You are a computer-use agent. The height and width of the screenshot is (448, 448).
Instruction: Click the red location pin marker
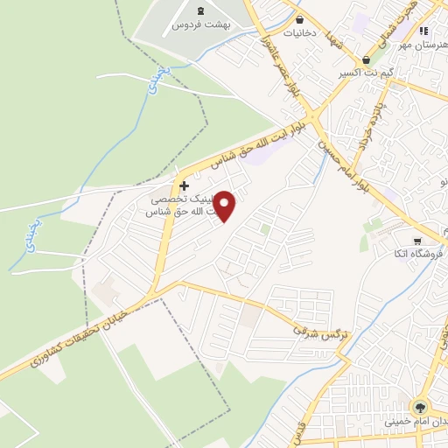225,206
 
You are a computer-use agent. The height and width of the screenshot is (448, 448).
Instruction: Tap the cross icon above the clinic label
184,185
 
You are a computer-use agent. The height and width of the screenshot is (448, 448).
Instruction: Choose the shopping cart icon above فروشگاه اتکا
417,240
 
